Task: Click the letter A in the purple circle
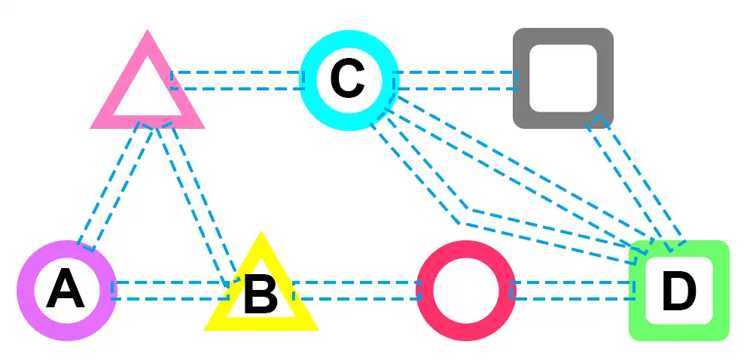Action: pyautogui.click(x=66, y=291)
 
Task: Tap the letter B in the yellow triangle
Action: pyautogui.click(x=261, y=294)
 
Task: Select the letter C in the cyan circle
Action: pyautogui.click(x=347, y=79)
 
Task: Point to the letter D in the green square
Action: pyautogui.click(x=678, y=291)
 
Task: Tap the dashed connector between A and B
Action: pyautogui.click(x=169, y=291)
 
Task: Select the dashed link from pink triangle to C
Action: pyautogui.click(x=237, y=80)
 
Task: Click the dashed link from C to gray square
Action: pyautogui.click(x=455, y=80)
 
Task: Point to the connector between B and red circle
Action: pyautogui.click(x=356, y=291)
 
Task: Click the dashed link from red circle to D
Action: pyautogui.click(x=572, y=291)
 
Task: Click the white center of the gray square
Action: pyautogui.click(x=562, y=78)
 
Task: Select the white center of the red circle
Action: pyautogui.click(x=465, y=291)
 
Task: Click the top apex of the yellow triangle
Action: pyautogui.click(x=261, y=235)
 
